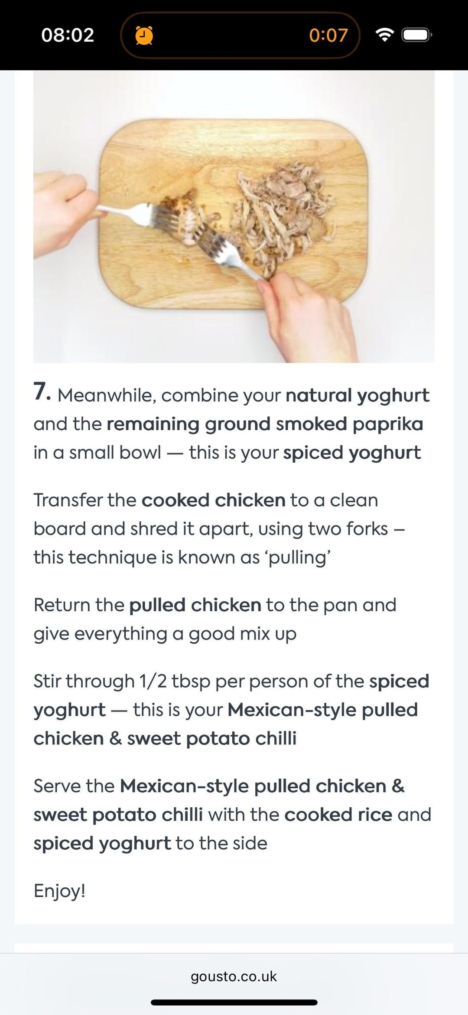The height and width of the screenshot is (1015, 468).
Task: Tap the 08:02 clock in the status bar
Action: (x=68, y=35)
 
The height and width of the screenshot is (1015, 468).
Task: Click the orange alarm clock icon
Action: (x=144, y=35)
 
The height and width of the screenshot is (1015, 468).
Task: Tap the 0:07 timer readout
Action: (x=328, y=35)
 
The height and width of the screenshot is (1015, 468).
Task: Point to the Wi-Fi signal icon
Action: (x=384, y=35)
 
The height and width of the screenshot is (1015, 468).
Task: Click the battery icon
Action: (x=417, y=35)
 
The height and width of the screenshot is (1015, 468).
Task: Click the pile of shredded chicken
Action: (x=282, y=212)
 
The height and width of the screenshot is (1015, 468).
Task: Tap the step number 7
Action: (x=42, y=392)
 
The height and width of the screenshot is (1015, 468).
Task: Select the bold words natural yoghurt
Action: (x=357, y=396)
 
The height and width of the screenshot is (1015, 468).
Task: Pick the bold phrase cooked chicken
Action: (x=214, y=500)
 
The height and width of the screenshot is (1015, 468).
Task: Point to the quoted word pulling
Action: (x=299, y=558)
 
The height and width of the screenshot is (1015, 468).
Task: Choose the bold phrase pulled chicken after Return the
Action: (x=195, y=606)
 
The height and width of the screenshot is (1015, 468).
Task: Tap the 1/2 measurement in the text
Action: (x=153, y=681)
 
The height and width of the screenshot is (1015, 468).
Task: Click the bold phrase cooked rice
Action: (x=338, y=815)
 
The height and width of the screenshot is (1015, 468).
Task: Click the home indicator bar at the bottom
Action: (x=234, y=1002)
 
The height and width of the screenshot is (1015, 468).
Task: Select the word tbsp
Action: (x=191, y=682)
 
